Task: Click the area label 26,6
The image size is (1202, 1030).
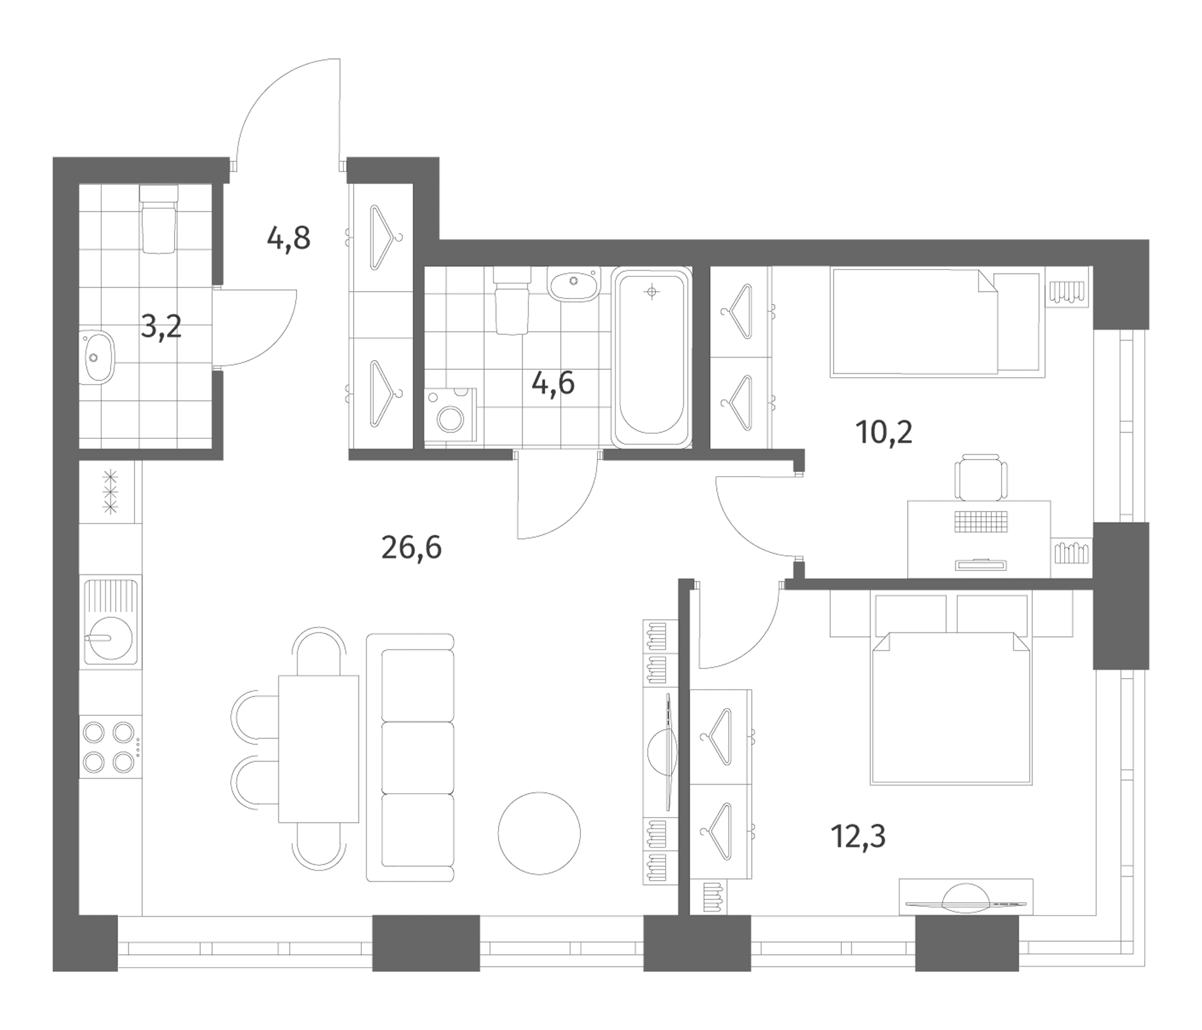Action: tap(412, 548)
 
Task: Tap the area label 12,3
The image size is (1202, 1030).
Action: tap(858, 836)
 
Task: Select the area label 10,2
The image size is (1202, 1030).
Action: tap(884, 433)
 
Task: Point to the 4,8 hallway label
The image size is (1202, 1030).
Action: tap(288, 239)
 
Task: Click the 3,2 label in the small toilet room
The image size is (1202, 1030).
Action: tap(161, 328)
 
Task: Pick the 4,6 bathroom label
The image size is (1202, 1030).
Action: tap(553, 383)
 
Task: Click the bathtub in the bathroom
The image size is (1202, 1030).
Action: tap(652, 357)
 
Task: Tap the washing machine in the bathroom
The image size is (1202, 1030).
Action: tap(450, 417)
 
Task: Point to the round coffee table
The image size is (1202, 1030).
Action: tap(539, 833)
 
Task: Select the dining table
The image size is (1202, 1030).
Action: tap(318, 748)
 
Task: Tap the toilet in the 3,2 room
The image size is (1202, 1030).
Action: tap(158, 219)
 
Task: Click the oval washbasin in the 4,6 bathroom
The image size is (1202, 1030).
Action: tap(573, 284)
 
